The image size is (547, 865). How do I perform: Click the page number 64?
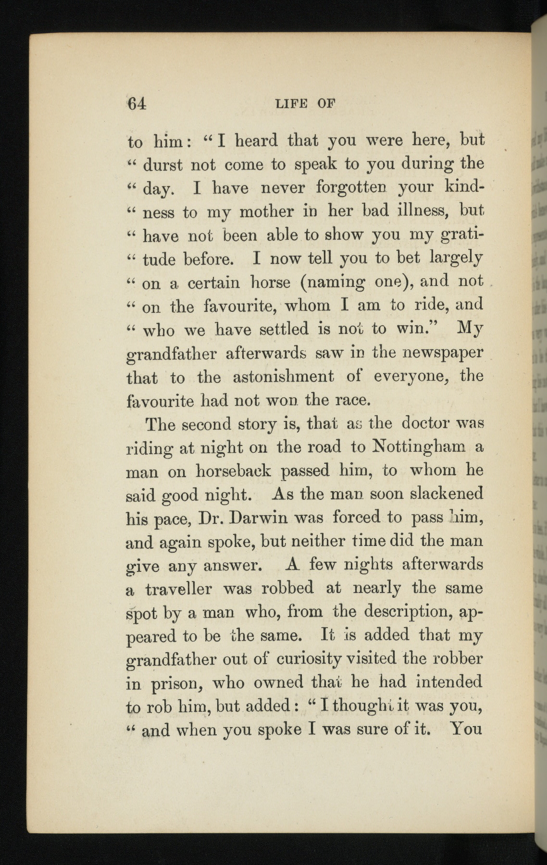click(137, 104)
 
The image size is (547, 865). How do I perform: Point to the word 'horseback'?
click(233, 470)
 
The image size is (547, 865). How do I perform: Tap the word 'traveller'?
click(178, 589)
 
